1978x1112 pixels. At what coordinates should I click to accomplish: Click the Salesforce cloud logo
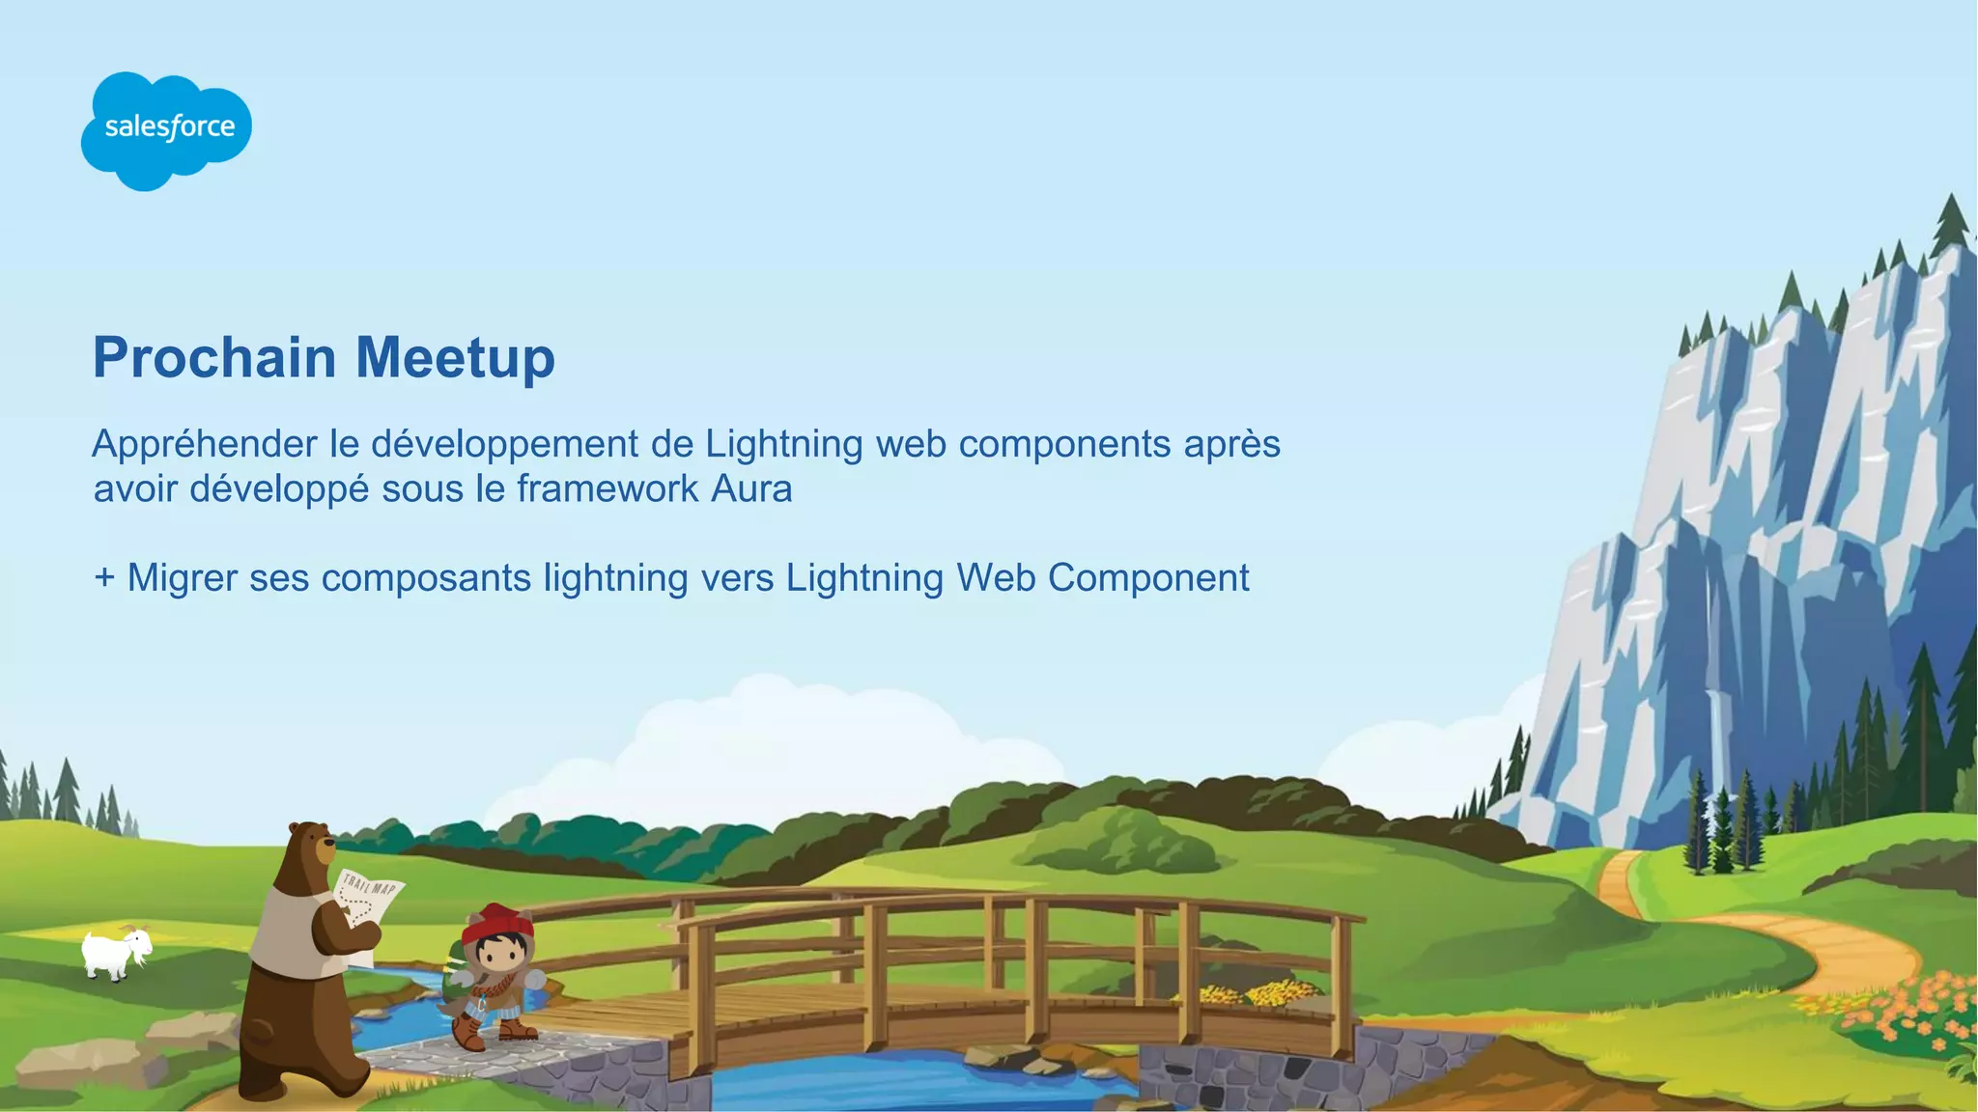pos(166,129)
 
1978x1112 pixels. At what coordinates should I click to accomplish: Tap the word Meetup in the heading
pos(455,359)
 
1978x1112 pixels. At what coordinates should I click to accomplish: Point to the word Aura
pos(751,489)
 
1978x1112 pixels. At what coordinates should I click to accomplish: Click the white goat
pos(116,953)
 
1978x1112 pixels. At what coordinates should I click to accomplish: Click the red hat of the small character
pos(497,924)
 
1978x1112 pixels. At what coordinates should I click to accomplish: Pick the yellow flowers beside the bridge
pos(1256,992)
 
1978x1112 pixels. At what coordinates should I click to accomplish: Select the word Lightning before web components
pos(784,445)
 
